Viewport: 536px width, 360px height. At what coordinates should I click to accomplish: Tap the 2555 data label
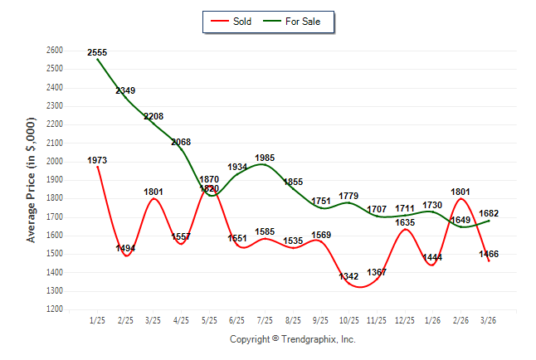[97, 52]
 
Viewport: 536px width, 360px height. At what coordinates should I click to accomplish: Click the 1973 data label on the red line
[97, 160]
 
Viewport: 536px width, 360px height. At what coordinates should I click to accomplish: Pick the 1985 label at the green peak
[265, 158]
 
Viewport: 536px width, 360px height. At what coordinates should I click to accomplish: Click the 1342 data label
[349, 276]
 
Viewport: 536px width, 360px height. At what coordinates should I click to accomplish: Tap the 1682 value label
[489, 214]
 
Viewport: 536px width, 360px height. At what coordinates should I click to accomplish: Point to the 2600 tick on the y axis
[55, 51]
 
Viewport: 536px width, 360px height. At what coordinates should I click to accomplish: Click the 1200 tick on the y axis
[55, 309]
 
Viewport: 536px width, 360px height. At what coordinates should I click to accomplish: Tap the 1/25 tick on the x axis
[97, 320]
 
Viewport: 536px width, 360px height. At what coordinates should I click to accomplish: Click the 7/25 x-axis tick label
[265, 320]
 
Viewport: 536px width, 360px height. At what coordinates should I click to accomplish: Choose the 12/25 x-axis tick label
[404, 320]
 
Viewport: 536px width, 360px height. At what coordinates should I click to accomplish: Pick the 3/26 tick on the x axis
[488, 320]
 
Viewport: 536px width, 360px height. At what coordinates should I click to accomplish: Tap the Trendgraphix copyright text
[292, 339]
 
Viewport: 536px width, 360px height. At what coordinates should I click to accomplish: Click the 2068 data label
[181, 143]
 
